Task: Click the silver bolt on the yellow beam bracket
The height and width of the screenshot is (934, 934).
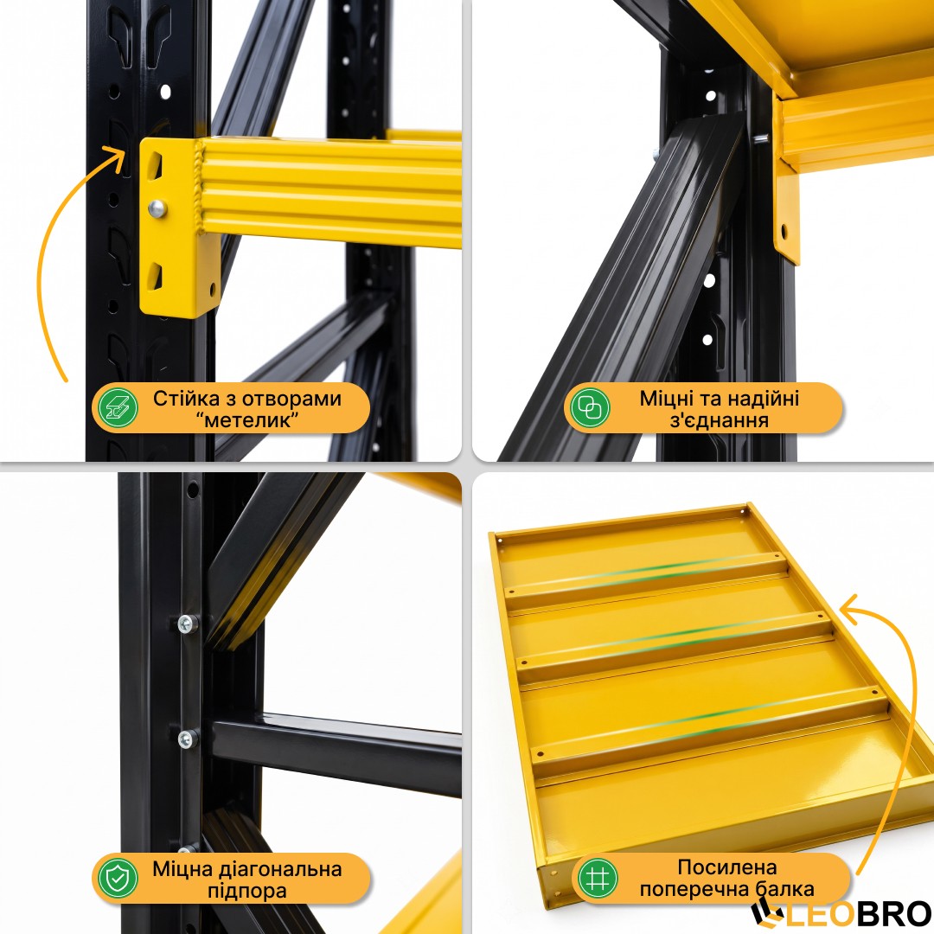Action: pos(157,208)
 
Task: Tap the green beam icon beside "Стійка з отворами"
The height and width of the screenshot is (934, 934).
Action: pos(118,408)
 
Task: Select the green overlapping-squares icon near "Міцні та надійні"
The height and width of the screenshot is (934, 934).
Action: pos(590,408)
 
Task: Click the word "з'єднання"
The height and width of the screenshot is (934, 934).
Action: pos(720,420)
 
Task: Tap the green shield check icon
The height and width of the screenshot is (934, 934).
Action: pos(118,878)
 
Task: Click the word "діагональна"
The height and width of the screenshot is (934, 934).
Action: pos(280,869)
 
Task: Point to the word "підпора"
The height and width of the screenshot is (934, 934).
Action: pos(247,891)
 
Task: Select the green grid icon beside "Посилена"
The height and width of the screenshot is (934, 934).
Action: pos(598,878)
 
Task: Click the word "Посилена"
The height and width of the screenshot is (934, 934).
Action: pos(727,867)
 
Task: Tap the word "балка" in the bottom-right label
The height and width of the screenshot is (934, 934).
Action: pos(784,889)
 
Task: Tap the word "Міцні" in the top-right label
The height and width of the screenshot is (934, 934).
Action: pos(666,399)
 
